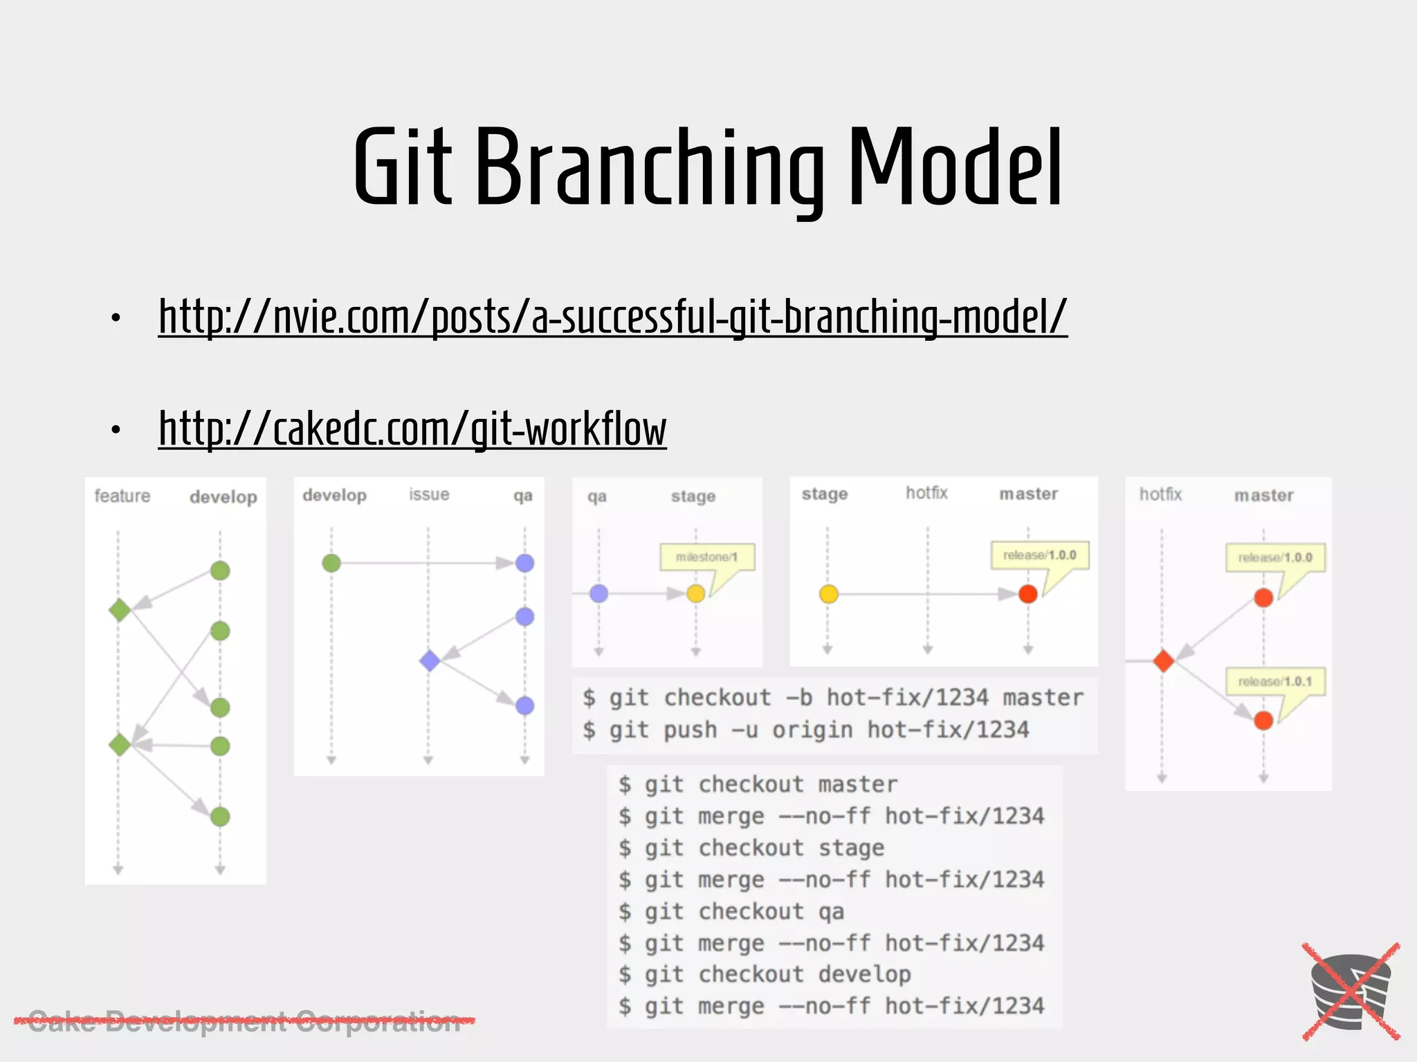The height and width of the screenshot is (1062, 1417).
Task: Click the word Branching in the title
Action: tap(650, 169)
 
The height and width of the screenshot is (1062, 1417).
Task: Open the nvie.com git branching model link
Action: tap(612, 317)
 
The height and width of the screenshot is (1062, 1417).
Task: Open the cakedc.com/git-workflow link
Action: tap(412, 429)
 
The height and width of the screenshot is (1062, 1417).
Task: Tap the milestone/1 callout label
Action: tap(706, 557)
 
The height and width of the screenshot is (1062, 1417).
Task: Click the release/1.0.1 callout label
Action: tap(1274, 682)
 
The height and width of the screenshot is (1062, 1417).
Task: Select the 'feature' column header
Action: tap(122, 496)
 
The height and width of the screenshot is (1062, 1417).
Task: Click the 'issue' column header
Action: tap(429, 494)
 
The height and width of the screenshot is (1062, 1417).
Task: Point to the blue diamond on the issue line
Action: tap(430, 660)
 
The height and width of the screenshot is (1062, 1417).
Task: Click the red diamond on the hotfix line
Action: tap(1163, 661)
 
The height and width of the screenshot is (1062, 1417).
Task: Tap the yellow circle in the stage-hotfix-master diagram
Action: tap(828, 594)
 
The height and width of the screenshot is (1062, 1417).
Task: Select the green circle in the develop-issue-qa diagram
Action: tap(331, 563)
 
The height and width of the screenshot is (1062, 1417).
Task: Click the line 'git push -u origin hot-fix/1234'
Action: tap(806, 730)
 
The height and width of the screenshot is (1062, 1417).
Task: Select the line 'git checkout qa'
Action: tap(731, 911)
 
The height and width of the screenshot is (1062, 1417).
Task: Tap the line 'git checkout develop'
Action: tap(765, 975)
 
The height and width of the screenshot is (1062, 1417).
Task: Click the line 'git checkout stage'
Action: tap(751, 848)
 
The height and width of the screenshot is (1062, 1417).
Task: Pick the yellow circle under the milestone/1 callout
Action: tap(695, 593)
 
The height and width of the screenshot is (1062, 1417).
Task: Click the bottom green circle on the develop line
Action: tap(220, 817)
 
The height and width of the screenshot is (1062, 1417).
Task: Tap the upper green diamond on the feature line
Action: tap(120, 610)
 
